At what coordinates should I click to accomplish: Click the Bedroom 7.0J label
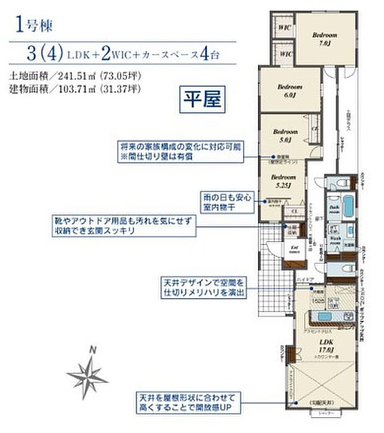[325, 39]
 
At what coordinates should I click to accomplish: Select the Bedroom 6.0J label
[289, 90]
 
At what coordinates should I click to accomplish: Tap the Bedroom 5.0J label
[286, 136]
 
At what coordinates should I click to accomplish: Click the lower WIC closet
[284, 55]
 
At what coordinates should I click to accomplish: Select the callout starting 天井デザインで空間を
[203, 287]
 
